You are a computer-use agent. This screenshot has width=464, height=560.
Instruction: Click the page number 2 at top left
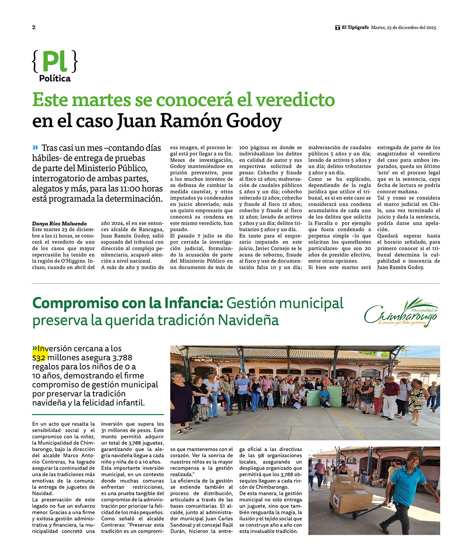(x=34, y=27)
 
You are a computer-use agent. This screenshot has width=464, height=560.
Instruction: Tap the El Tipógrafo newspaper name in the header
(x=355, y=27)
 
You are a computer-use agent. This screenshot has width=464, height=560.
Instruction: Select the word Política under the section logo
(x=55, y=79)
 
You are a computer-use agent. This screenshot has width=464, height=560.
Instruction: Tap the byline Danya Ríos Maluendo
(x=59, y=223)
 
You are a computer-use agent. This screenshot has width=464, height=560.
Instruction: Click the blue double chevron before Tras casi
(x=35, y=147)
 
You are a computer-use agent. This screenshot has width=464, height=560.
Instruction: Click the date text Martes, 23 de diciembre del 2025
(x=404, y=27)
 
